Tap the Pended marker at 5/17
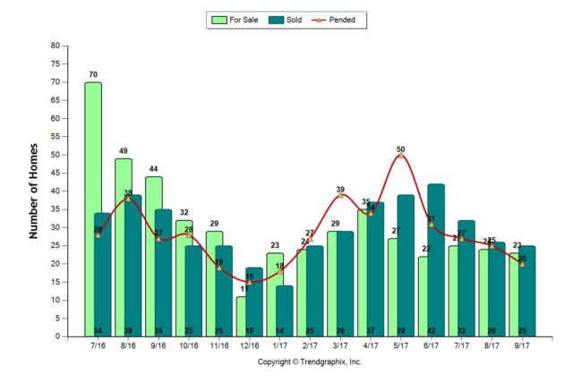(x=400, y=156)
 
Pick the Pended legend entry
(x=338, y=19)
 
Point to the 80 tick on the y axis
(x=56, y=46)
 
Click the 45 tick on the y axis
(x=56, y=173)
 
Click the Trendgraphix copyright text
(x=310, y=362)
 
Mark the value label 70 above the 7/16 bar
(x=92, y=75)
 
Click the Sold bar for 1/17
(x=284, y=309)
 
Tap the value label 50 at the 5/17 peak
(x=400, y=149)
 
